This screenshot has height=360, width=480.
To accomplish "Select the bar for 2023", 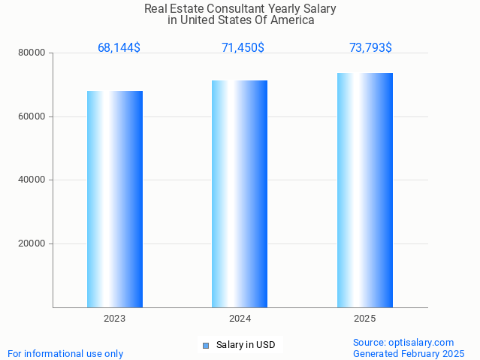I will click(115, 199).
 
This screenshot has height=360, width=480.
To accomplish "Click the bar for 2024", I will click(240, 194).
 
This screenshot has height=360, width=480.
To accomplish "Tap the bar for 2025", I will click(365, 190).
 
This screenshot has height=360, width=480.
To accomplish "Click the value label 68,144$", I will click(119, 48).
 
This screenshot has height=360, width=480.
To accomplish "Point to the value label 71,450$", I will click(243, 48).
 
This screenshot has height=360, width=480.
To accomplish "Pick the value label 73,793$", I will click(370, 48).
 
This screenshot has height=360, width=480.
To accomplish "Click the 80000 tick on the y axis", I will click(33, 53).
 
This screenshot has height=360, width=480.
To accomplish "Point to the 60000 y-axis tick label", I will click(33, 116).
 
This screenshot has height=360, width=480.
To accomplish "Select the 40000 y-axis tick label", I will click(33, 180).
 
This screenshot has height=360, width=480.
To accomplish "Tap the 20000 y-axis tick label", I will click(33, 244).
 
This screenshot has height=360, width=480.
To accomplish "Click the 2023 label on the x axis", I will click(115, 319).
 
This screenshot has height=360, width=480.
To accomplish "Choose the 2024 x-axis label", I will click(240, 319).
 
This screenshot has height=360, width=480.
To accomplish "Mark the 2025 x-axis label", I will click(365, 319).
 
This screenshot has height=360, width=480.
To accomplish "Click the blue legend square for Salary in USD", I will click(205, 346).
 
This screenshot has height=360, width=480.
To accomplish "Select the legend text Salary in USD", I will click(246, 346).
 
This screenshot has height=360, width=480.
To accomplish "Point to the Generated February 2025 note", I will click(409, 353).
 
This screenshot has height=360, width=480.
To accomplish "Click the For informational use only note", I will click(65, 353).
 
